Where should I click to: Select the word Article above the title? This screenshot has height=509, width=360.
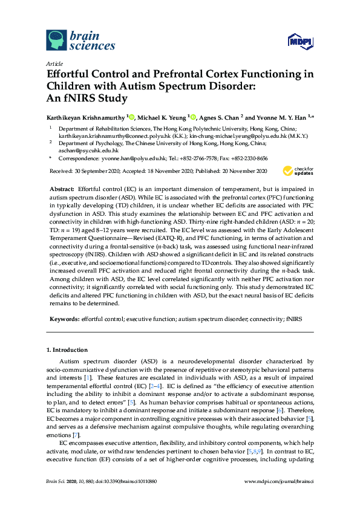[54, 63]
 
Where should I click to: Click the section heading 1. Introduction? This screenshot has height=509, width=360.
[67, 350]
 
